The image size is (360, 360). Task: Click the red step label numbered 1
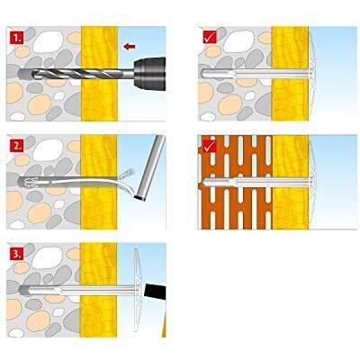point(16,39)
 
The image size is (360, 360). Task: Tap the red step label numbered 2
point(16,146)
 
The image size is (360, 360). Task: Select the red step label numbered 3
point(16,254)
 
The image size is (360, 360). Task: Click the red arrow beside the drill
point(130,46)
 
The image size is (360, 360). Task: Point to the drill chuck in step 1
point(149,74)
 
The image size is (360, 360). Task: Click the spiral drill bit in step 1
point(76,74)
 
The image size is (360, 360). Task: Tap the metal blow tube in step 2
point(150,168)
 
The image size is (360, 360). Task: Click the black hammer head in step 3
point(155,291)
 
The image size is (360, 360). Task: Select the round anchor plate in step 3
point(138,290)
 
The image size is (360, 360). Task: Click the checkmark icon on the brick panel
point(210,146)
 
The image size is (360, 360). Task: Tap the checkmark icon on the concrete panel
point(210,38)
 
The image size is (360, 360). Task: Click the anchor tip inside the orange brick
point(206,182)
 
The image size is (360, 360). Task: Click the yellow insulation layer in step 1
point(99,74)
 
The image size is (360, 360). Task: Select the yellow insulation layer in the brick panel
point(290,182)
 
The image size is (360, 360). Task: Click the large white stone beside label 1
point(48,42)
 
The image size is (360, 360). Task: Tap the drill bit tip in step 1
point(20,74)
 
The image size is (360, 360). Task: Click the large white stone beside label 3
point(47,257)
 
